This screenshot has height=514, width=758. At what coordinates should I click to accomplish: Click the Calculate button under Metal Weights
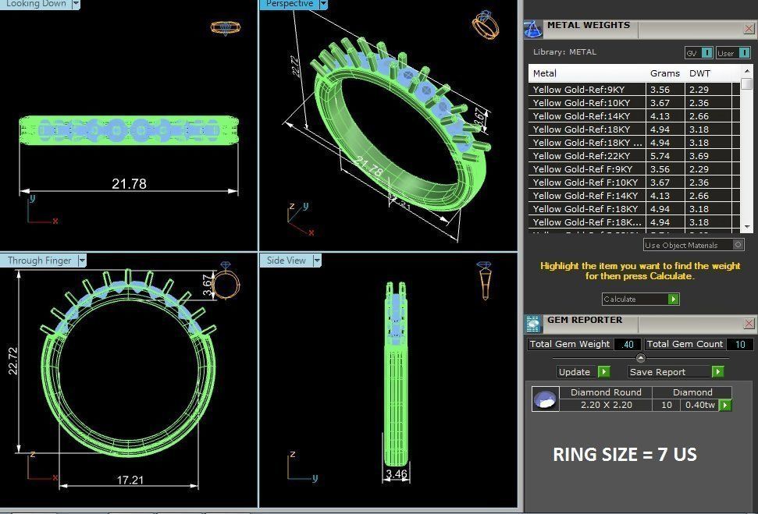[640, 300]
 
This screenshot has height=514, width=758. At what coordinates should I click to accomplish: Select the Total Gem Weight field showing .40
[628, 345]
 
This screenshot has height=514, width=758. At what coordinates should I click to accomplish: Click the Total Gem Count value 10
[739, 345]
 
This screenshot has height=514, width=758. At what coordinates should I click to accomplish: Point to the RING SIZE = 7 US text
[625, 454]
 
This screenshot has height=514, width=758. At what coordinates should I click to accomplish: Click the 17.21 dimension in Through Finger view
[130, 480]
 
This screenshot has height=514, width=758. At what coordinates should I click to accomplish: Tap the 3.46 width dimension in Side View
[397, 473]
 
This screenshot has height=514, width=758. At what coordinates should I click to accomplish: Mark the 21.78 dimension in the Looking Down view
[129, 184]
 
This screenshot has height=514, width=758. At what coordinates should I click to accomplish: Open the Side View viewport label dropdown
[317, 261]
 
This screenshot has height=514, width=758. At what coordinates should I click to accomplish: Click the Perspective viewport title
[290, 4]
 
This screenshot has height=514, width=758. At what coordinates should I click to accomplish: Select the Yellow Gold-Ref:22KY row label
[582, 156]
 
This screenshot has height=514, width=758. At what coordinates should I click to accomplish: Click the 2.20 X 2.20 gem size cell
[606, 406]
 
